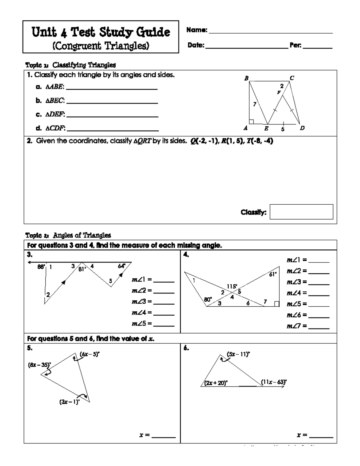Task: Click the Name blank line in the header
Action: pos(271,31)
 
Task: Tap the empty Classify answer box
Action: pos(301,212)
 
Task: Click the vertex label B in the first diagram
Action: pos(246,78)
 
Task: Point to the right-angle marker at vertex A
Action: pos(251,121)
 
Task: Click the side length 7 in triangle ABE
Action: pos(255,104)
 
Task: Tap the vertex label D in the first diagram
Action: pos(302,128)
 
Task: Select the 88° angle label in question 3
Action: pos(41,266)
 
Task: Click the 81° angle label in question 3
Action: pos(82,269)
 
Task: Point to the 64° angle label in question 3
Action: pos(121,266)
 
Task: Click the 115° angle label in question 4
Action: pos(232,287)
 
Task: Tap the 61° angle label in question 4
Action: pos(273,274)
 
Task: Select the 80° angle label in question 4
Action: pos(208,299)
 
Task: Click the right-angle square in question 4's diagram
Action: pos(277,304)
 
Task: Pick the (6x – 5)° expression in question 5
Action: pos(90,354)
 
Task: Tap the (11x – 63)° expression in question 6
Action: pos(274,382)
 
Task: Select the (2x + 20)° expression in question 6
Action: pos(216,383)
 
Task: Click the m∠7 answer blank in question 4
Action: pos(319,326)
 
